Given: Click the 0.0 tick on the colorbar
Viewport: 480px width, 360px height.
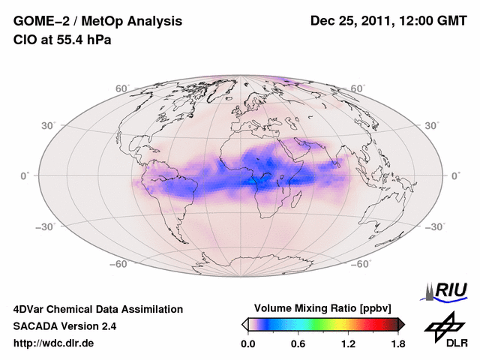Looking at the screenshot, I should coord(247,343).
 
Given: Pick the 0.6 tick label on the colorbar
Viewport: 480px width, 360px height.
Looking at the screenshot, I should coord(298,343).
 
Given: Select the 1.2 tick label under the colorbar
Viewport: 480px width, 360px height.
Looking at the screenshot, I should coord(348,343).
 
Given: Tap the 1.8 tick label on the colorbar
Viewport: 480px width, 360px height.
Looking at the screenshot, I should coord(397,343).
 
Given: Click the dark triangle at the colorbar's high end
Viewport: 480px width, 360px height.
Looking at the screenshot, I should coord(401,324).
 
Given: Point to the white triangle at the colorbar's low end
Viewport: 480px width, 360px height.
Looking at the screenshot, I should coord(244,324).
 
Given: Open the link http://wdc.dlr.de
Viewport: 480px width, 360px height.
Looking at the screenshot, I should coord(54,343).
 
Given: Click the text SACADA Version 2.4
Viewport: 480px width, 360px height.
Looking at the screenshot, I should coord(64,326).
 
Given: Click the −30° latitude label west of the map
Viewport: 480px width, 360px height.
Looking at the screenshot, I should coord(50,226).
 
